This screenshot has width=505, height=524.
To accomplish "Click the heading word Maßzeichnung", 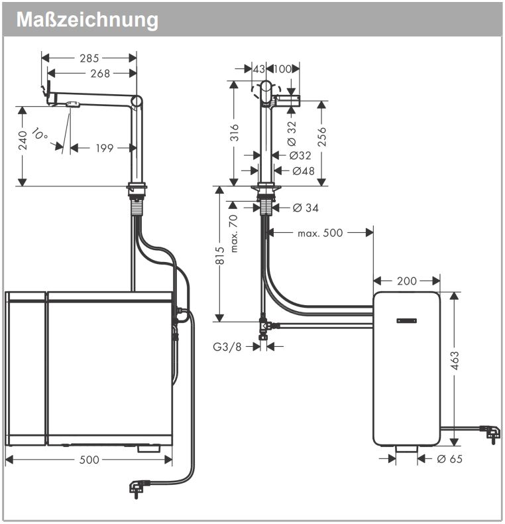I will click(87, 19).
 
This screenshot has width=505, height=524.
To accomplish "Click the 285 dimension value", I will click(89, 58).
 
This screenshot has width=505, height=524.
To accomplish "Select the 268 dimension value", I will click(100, 74).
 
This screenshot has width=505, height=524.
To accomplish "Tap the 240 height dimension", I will click(23, 140).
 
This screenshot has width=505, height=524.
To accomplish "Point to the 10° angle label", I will click(40, 135).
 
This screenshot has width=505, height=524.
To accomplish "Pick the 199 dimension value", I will click(105, 148).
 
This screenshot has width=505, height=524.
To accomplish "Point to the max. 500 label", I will click(320, 233).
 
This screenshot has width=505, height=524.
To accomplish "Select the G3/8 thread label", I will click(227, 346).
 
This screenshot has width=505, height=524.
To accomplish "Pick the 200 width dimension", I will click(407, 281).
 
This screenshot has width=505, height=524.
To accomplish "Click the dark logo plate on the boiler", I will click(407, 321).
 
